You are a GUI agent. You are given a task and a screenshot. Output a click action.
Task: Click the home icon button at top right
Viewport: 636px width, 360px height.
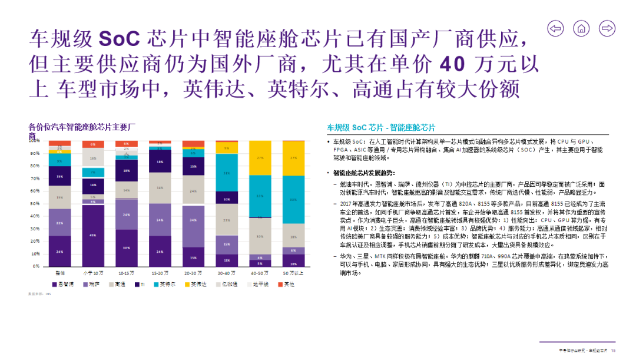click(581, 28)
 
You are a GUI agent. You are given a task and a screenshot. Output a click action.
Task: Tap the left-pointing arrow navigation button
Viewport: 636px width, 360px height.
click(555, 28)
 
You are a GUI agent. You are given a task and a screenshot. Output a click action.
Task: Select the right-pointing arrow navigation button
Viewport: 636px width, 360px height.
click(607, 28)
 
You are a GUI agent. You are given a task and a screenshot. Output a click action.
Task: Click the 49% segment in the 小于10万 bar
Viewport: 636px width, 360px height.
click(93, 236)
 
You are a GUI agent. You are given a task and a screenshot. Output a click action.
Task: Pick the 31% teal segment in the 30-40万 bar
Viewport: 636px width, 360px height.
click(227, 173)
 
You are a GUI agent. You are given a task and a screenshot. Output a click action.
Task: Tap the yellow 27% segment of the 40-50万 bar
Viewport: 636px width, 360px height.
click(260, 158)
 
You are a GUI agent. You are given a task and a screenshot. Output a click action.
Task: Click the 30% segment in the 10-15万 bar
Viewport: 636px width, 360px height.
click(127, 248)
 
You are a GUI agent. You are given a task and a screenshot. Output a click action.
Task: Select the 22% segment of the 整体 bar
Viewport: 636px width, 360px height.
click(59, 223)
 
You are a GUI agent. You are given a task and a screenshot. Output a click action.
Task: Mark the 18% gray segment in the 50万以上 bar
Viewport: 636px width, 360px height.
click(294, 236)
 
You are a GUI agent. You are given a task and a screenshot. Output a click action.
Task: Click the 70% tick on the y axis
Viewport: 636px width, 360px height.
click(35, 178)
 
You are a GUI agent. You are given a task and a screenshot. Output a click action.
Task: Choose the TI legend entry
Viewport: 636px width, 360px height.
click(143, 284)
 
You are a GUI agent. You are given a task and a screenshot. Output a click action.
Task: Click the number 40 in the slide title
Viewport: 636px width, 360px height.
click(452, 63)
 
